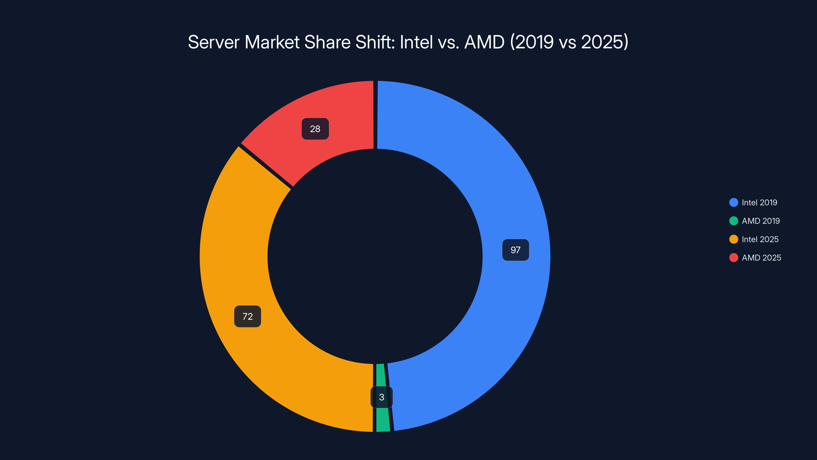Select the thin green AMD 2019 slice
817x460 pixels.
click(x=382, y=419)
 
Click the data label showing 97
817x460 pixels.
click(x=515, y=250)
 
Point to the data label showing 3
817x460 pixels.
click(x=381, y=397)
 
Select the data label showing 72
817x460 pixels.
click(x=247, y=317)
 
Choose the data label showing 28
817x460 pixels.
click(x=315, y=129)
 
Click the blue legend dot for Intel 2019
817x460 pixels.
click(x=734, y=203)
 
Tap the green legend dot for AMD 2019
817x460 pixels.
click(x=734, y=221)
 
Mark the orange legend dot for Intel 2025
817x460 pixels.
click(x=734, y=239)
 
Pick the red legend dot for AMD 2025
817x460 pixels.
click(x=734, y=258)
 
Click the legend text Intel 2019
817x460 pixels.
click(x=759, y=203)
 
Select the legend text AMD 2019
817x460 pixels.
click(x=761, y=221)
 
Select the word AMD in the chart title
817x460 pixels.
click(x=484, y=42)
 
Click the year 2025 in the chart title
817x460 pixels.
click(x=602, y=42)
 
